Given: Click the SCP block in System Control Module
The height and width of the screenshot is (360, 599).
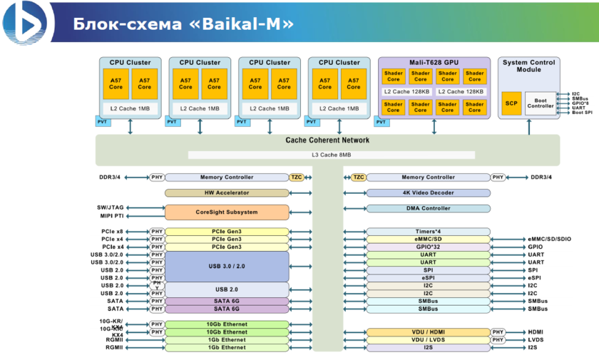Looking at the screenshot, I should [x=511, y=103].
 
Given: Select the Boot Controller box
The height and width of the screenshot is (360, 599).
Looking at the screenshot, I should [x=540, y=103].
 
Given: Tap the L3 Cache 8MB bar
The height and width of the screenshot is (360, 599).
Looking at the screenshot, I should [x=331, y=155].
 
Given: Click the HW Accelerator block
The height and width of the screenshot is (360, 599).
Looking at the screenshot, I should [x=227, y=193].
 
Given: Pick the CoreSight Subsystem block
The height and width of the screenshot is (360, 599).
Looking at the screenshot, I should [x=227, y=212].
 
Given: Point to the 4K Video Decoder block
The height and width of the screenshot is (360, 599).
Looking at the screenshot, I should [x=428, y=193].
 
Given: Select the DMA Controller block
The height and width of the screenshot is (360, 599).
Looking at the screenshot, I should [x=428, y=209].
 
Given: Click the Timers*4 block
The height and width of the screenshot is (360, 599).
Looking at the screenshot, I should [x=428, y=232].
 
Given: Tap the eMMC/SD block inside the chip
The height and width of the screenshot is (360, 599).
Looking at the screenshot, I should [x=428, y=240].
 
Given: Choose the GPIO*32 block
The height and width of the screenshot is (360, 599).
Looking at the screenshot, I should [x=428, y=247].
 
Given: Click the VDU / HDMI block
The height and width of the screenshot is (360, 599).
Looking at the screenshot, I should [x=428, y=332].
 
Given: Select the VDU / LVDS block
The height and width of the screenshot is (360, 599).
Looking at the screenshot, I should [x=428, y=340].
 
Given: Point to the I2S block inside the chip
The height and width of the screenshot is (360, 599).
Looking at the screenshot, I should [x=428, y=348].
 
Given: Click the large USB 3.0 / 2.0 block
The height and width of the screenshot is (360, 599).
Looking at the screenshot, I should [x=227, y=266].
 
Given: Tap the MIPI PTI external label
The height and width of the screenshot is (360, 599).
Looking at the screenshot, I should [x=111, y=216].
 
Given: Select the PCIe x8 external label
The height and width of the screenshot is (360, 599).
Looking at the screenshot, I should [x=112, y=232].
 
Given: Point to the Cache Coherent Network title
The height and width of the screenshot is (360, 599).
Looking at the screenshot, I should [x=327, y=140].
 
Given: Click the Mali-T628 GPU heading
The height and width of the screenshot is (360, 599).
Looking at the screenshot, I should [x=434, y=63].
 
